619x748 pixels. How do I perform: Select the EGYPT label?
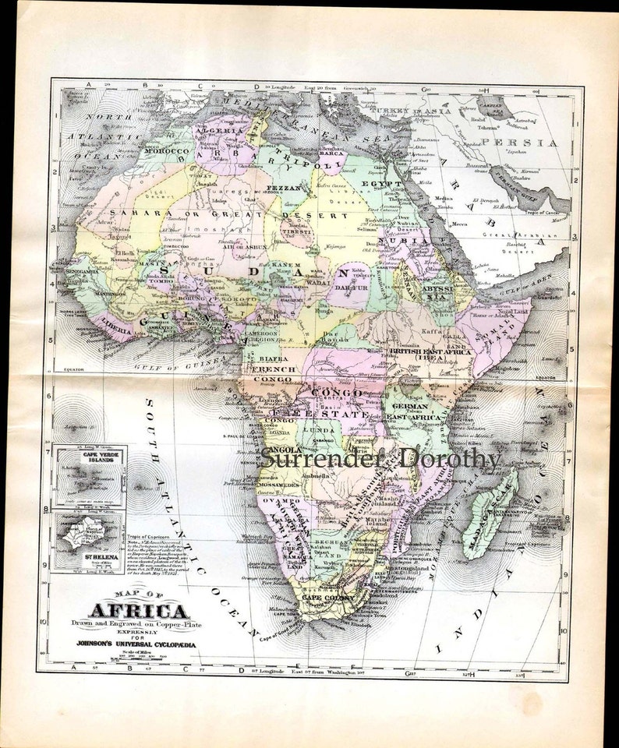click(383, 185)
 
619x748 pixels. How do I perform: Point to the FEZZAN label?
click(279, 188)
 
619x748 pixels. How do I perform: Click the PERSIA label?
click(531, 143)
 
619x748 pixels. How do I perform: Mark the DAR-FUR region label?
click(352, 287)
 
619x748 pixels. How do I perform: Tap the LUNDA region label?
click(319, 429)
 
